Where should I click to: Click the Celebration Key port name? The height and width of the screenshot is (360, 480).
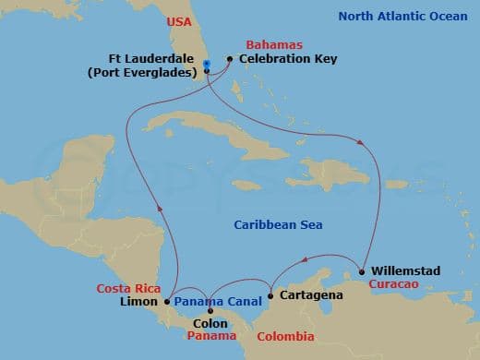pos(288,59)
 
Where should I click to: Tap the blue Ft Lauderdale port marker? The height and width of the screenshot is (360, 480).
pos(207,64)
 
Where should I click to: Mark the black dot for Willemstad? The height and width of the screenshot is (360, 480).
pos(362,271)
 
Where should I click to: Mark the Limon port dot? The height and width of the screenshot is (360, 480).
pos(166,301)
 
